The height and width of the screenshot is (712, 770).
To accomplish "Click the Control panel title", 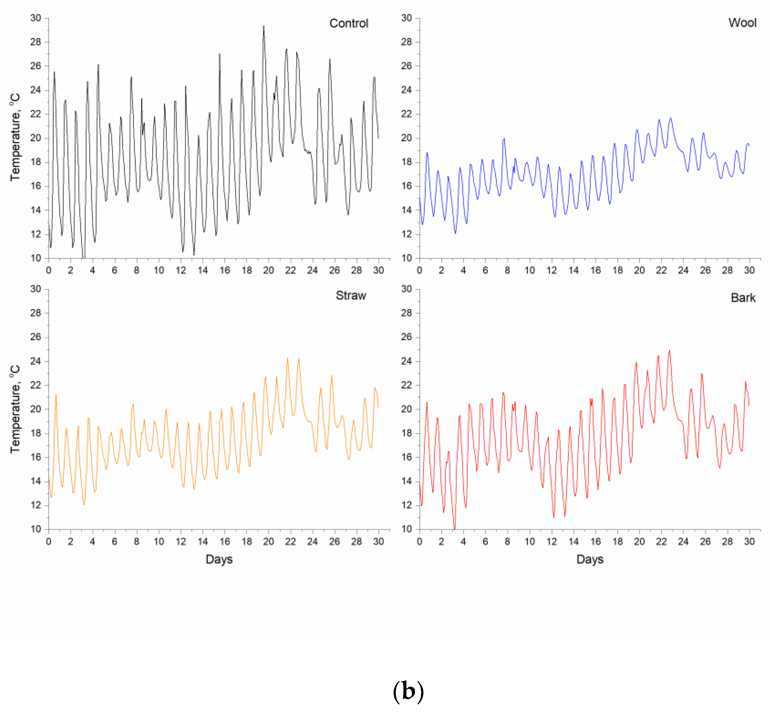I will point(349,23).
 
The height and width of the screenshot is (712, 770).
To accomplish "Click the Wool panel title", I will point(742,23).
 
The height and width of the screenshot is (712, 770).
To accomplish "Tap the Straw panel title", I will point(351,296).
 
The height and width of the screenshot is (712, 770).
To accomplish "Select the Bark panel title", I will point(743,298).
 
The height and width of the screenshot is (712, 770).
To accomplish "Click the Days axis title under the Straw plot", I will point(219,559).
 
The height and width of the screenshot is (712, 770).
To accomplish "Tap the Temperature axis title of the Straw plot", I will point(15,409).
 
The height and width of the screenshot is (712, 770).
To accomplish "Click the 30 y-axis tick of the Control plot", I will point(36,18).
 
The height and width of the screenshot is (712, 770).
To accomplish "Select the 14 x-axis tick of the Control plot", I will point(203,270).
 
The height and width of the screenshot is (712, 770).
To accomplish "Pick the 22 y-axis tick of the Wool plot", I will point(406,114).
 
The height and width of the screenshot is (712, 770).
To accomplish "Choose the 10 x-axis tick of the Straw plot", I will point(159,542).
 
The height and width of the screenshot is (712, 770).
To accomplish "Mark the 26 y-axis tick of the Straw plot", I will point(36,337).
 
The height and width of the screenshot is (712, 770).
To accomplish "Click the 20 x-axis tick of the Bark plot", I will point(639,542).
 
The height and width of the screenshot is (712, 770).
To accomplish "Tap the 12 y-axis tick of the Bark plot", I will point(406,505).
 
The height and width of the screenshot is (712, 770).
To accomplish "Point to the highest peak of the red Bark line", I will point(669,351).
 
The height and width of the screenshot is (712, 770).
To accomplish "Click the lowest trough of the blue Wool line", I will point(455,233).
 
